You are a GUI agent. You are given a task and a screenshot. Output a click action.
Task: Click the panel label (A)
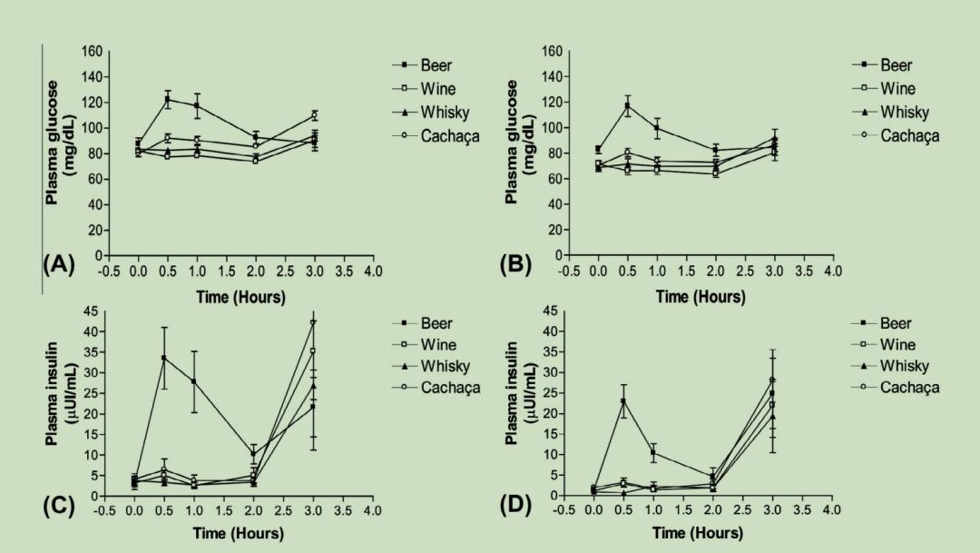pyautogui.click(x=59, y=266)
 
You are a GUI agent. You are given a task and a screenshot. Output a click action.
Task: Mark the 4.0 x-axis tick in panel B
pyautogui.click(x=831, y=271)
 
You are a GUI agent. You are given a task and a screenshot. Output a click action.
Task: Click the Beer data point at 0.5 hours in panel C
pyautogui.click(x=163, y=358)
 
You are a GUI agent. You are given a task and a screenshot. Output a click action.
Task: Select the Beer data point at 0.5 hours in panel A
pyautogui.click(x=167, y=99)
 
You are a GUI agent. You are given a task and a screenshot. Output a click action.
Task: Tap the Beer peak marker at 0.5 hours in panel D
pyautogui.click(x=623, y=401)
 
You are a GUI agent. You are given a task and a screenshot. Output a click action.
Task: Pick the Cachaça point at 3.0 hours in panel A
pyautogui.click(x=314, y=115)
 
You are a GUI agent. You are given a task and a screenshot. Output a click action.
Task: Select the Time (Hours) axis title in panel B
pyautogui.click(x=700, y=297)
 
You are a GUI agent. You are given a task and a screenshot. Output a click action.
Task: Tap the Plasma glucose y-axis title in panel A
pyautogui.click(x=62, y=141)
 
